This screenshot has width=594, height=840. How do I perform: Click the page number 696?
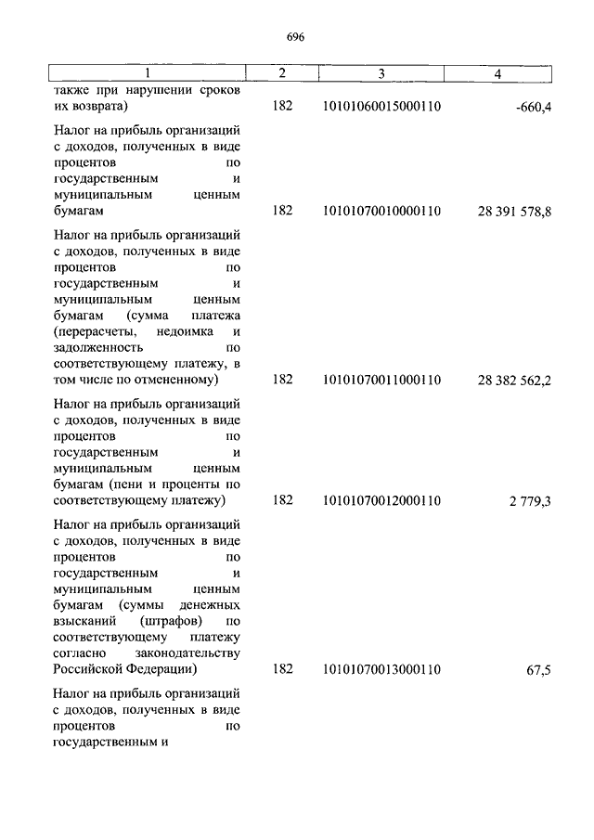pyautogui.click(x=296, y=37)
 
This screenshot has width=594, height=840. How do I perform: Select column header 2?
pyautogui.click(x=283, y=73)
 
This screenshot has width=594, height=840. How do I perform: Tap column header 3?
pyautogui.click(x=381, y=73)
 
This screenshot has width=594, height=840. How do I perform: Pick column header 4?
pyautogui.click(x=498, y=73)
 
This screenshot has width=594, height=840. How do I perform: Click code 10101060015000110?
pyautogui.click(x=381, y=108)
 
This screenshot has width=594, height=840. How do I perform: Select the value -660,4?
pyautogui.click(x=532, y=109)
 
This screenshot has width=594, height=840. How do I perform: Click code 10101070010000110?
pyautogui.click(x=381, y=212)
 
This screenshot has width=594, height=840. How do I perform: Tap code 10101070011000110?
pyautogui.click(x=381, y=380)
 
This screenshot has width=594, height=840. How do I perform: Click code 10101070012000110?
pyautogui.click(x=381, y=501)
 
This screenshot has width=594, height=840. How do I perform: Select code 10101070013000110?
pyautogui.click(x=381, y=669)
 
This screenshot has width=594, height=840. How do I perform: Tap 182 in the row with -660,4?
pyautogui.click(x=283, y=108)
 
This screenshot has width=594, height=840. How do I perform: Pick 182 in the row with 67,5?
pyautogui.click(x=283, y=669)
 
